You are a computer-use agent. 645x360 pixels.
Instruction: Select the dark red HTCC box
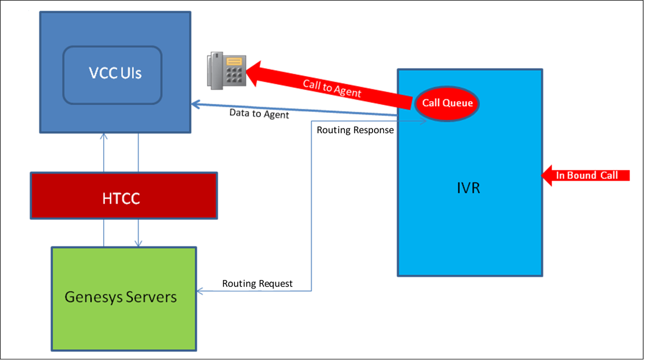pos(124,197)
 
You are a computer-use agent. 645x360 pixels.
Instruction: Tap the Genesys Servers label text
pos(120,297)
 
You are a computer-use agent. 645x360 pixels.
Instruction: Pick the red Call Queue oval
pos(447,103)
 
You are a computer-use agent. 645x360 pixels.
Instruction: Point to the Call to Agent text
pos(332,88)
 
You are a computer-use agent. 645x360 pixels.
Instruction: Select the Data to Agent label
pos(259,114)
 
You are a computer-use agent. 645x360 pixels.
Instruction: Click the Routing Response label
pos(355,130)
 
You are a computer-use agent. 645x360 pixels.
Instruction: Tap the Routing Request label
pos(257,284)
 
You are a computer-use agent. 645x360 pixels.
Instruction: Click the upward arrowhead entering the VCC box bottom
pos(104,136)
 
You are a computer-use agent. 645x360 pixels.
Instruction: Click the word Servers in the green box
pos(153,297)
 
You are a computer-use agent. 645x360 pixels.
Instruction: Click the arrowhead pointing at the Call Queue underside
pos(424,121)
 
